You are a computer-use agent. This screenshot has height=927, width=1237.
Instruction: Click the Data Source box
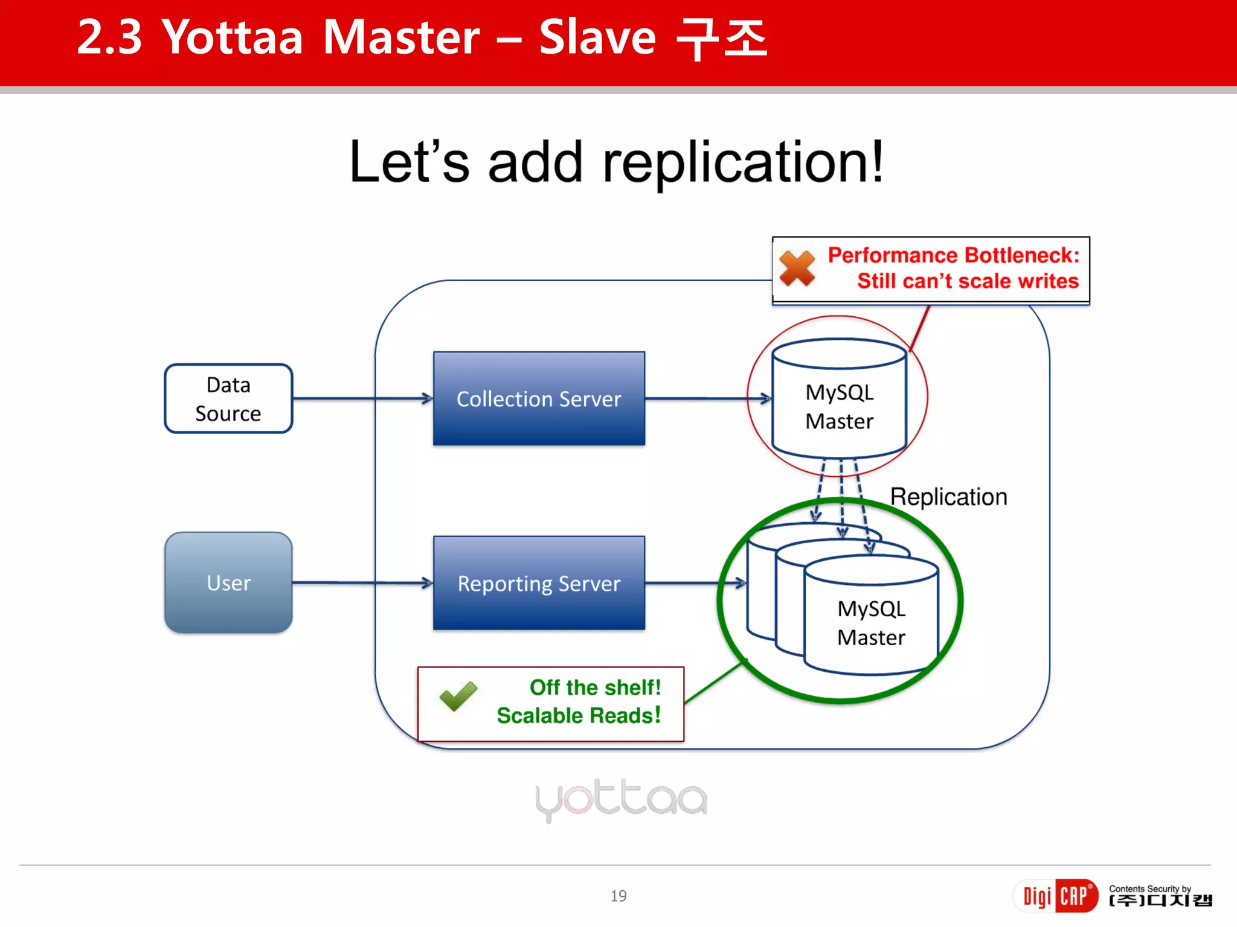pyautogui.click(x=228, y=398)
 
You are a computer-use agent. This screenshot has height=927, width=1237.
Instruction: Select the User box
pyautogui.click(x=228, y=582)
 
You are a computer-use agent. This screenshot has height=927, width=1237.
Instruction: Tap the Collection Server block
pyautogui.click(x=539, y=398)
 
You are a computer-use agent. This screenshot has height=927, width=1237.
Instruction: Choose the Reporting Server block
pyautogui.click(x=539, y=583)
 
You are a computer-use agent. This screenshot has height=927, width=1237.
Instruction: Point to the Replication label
pyautogui.click(x=948, y=497)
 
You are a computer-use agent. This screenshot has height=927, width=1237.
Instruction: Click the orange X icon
pyautogui.click(x=797, y=268)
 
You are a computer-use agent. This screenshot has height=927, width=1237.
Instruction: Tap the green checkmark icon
pyautogui.click(x=458, y=696)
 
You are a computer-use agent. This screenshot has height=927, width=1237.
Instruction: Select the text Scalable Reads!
pyautogui.click(x=578, y=716)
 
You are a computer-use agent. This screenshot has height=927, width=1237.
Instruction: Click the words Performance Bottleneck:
pyautogui.click(x=953, y=255)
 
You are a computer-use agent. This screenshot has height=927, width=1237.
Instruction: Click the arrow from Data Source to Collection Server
pyautogui.click(x=362, y=398)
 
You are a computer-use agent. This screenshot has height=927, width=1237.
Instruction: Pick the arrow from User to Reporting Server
pyautogui.click(x=362, y=583)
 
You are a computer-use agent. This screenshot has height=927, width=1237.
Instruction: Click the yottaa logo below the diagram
pyautogui.click(x=621, y=799)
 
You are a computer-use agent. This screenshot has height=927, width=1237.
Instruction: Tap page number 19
pyautogui.click(x=618, y=896)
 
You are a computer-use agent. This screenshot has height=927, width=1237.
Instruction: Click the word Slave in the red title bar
pyautogui.click(x=597, y=37)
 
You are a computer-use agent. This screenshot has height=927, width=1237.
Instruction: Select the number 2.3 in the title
pyautogui.click(x=109, y=37)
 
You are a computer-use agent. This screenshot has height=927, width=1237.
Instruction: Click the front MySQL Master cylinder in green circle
pyautogui.click(x=871, y=622)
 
